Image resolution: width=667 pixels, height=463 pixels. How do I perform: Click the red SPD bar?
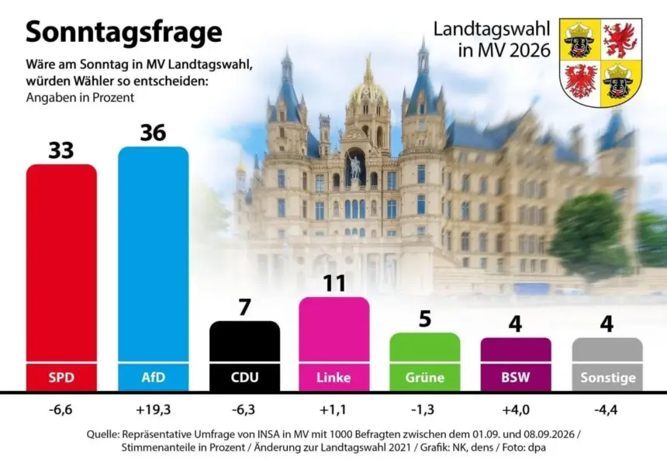click(x=61, y=277)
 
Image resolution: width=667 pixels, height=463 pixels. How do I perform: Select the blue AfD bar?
click(x=153, y=268)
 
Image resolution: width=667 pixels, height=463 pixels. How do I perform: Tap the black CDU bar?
click(x=245, y=356)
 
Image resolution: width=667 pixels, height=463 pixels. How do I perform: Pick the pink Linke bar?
click(x=334, y=344)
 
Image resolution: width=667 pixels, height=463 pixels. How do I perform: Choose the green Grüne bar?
click(x=425, y=361)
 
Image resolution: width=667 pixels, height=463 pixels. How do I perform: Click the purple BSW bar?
click(x=516, y=365)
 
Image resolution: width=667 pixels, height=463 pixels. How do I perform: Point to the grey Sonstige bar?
click(x=607, y=365)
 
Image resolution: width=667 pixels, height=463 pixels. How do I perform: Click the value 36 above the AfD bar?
click(x=153, y=133)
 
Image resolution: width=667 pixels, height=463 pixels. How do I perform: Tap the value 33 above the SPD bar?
click(x=61, y=150)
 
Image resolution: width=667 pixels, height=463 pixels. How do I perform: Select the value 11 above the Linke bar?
click(x=334, y=283)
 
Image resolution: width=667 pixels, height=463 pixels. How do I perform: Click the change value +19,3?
click(x=153, y=409)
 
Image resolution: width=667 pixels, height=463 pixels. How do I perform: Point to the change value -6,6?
click(x=60, y=409)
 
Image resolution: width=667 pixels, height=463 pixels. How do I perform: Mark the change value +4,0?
click(x=516, y=409)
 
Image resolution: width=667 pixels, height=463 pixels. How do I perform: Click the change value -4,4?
click(x=607, y=409)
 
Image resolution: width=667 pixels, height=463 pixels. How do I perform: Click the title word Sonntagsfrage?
click(x=124, y=33)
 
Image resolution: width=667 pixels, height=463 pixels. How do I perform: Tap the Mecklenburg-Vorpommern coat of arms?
click(x=600, y=62)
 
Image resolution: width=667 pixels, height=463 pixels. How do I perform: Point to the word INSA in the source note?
click(x=269, y=434)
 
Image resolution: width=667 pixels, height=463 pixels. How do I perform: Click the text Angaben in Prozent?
click(x=80, y=98)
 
